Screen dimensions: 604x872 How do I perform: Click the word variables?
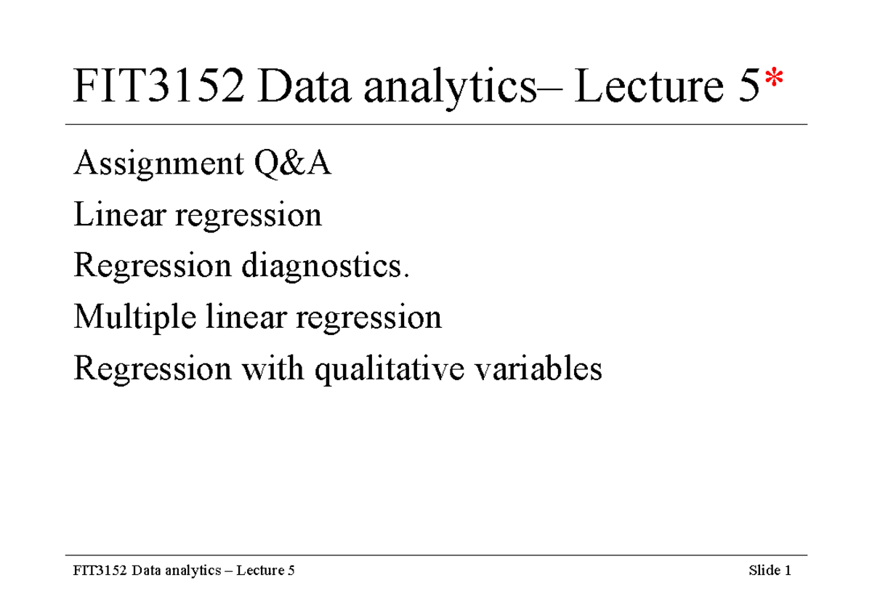(x=537, y=369)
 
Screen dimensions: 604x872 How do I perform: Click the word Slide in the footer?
(x=764, y=571)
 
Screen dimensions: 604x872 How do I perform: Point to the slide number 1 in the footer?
(x=787, y=571)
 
